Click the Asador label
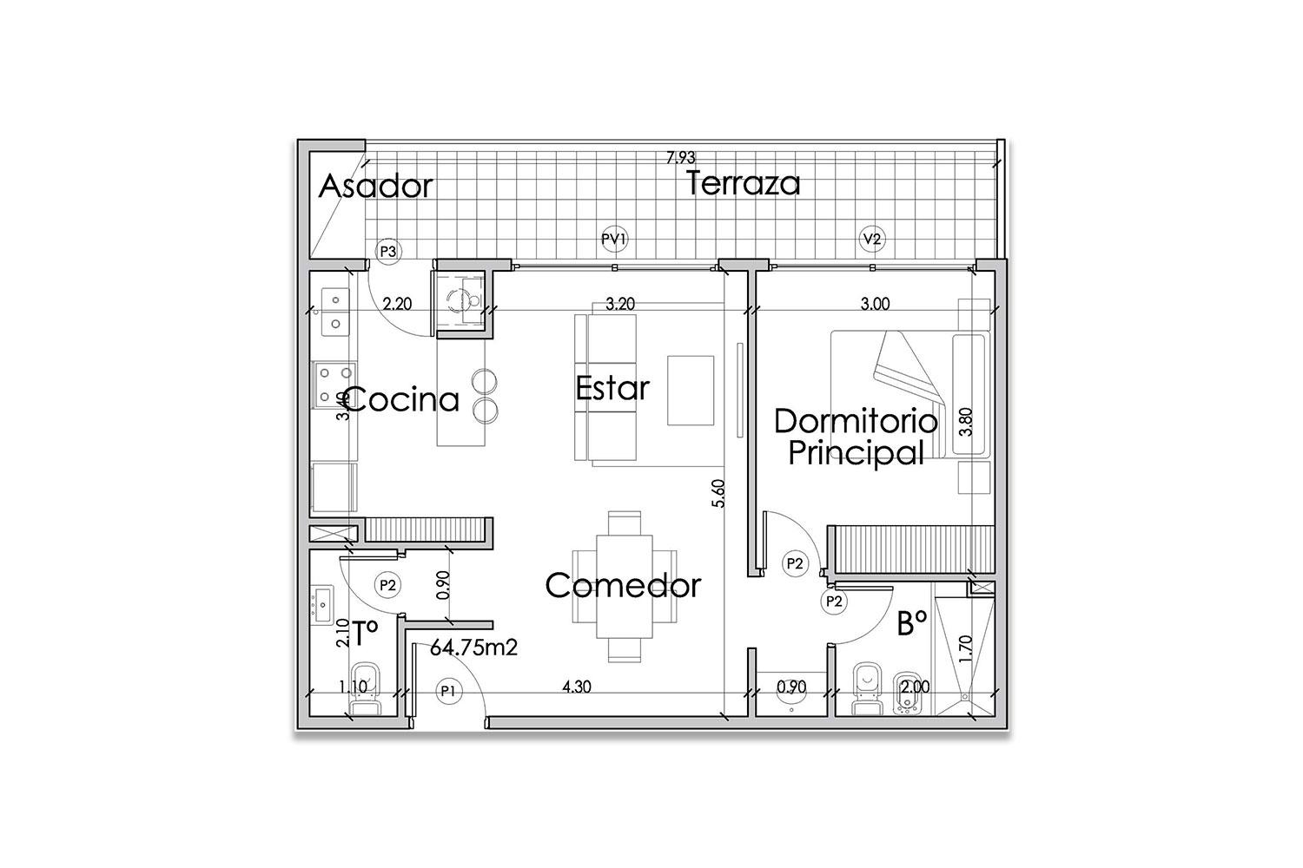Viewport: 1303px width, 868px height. (x=376, y=186)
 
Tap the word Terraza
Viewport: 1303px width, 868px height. (x=743, y=183)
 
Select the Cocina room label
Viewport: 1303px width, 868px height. (x=402, y=400)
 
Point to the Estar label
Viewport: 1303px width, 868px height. (x=612, y=388)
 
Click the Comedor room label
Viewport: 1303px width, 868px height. (x=623, y=585)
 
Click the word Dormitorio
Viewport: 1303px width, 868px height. (x=856, y=421)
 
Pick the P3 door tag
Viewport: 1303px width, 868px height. (x=388, y=251)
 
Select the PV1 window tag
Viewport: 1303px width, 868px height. (x=614, y=239)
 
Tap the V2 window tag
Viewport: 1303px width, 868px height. (x=872, y=239)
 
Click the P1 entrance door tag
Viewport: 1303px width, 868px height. (x=448, y=691)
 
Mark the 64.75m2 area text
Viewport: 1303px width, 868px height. (x=473, y=648)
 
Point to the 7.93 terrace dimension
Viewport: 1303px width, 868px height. (x=680, y=158)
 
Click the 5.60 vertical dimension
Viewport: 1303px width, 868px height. (x=718, y=493)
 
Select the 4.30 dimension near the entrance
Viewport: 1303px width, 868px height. (x=577, y=687)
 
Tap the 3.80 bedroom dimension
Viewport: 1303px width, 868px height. (x=965, y=422)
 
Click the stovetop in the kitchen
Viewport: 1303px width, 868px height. (x=334, y=385)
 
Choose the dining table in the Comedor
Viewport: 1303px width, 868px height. (x=625, y=586)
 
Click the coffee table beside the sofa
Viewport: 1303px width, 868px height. (x=691, y=391)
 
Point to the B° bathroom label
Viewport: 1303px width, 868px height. (x=911, y=625)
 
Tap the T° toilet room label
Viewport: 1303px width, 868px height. (x=366, y=633)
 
